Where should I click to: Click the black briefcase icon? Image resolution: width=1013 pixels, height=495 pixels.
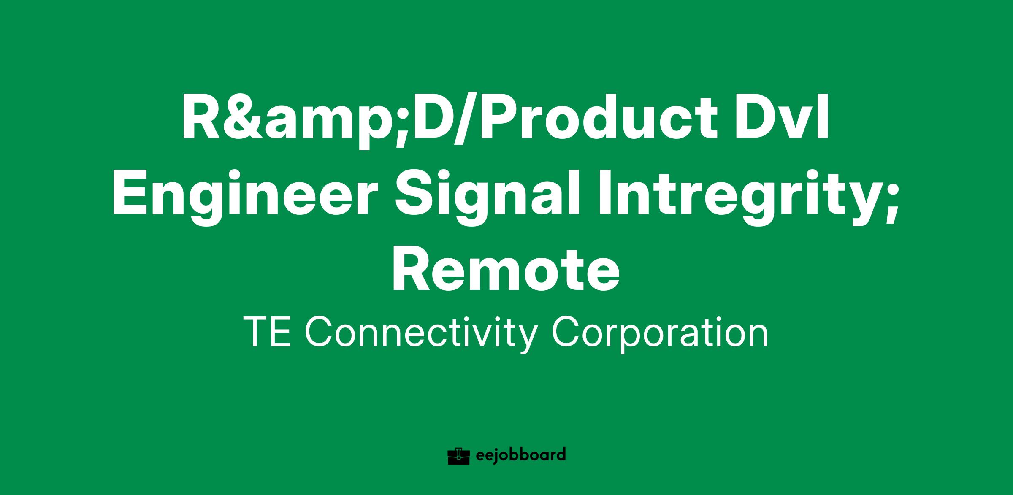tap(459, 456)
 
